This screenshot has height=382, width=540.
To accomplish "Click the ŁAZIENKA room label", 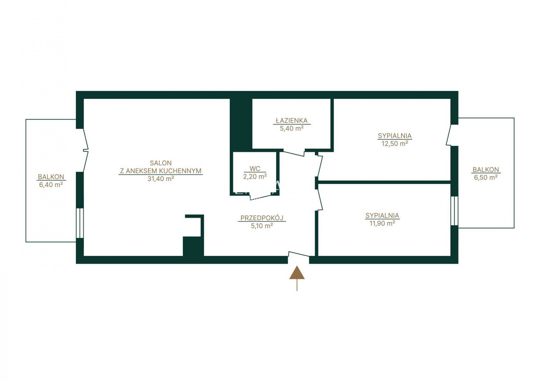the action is click(291, 120).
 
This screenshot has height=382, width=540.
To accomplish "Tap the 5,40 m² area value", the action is click(291, 128).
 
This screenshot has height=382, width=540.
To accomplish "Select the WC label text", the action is click(255, 169).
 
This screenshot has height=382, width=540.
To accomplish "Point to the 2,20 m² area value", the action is click(255, 176).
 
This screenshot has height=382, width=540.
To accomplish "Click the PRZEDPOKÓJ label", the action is click(262, 218).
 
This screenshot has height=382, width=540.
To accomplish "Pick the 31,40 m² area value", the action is click(161, 179).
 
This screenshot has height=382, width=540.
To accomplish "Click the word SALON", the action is click(161, 163).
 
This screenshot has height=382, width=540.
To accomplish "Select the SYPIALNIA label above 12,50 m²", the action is click(395, 136).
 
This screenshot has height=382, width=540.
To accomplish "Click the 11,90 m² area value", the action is click(382, 223).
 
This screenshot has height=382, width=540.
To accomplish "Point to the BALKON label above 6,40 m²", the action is click(51, 177).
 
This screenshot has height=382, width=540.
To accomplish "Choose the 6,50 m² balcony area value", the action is click(486, 177).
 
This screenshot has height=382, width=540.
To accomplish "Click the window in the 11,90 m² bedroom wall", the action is click(454, 211).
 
